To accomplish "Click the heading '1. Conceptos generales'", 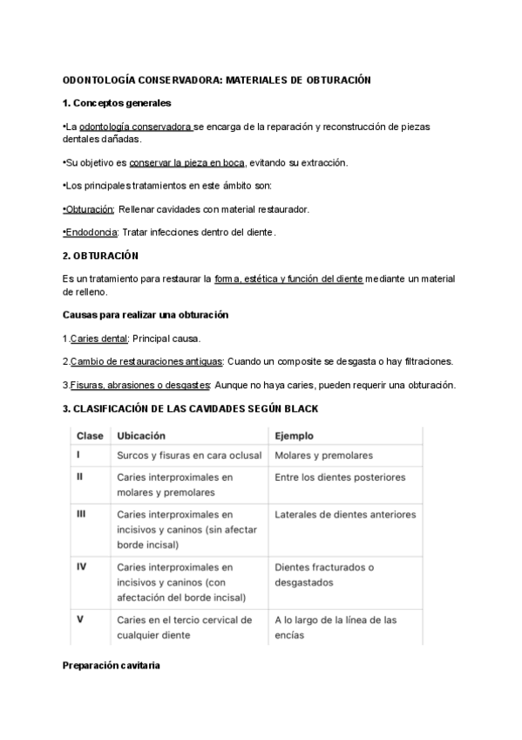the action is coord(116,104).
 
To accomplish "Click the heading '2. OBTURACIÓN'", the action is coord(100,256).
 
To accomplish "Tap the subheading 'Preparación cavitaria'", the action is coord(111,667).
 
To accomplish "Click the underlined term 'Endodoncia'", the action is coord(92,232).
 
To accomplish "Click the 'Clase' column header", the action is coord(90,435).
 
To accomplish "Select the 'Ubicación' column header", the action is coord(141,435).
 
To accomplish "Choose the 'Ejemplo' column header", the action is coord(295,435).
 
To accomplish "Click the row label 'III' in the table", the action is coord(81,514).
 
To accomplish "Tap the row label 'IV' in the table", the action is coord(81,567).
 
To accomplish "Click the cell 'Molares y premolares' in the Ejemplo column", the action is coord(323,456).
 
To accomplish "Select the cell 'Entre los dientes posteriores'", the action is coord(340,477).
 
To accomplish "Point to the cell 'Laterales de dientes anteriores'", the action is coord(345,514).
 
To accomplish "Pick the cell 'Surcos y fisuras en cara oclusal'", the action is coord(187,456).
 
